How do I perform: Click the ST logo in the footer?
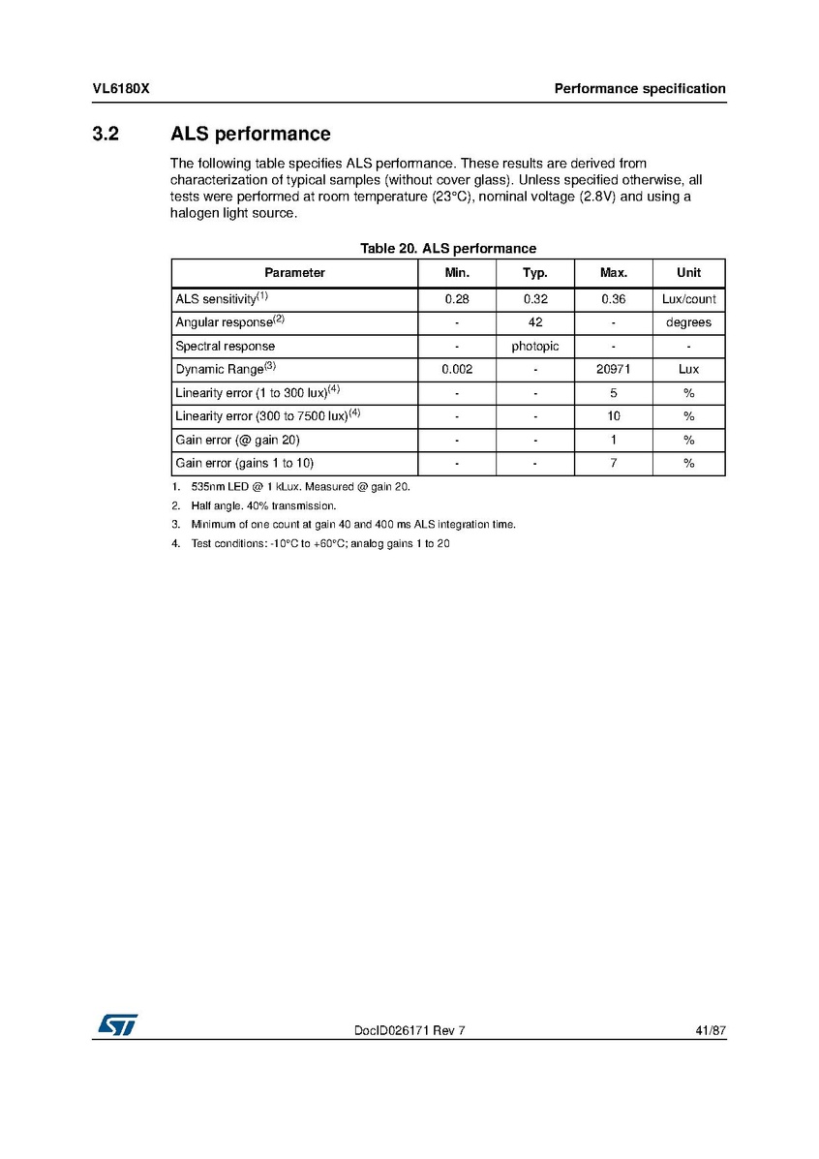pos(115,1025)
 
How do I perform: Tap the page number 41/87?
pos(711,1031)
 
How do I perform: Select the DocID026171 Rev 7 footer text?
pos(409,1031)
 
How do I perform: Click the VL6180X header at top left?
pos(121,89)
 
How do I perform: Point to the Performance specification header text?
pos(639,89)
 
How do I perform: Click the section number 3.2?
pos(106,134)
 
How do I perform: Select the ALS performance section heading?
pos(250,134)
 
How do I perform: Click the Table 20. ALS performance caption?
pos(447,249)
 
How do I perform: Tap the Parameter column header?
pos(294,273)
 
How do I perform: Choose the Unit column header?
pos(688,273)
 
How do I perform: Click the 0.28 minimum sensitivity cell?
pos(456,299)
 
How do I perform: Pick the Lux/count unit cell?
pos(688,299)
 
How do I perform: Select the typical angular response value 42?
pos(534,322)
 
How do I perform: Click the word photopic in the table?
pos(534,346)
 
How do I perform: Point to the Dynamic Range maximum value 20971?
pos(613,369)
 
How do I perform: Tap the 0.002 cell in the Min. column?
pos(456,369)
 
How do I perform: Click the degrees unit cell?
pos(688,322)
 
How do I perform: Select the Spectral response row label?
pos(225,346)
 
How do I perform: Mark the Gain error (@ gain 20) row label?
pos(237,440)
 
